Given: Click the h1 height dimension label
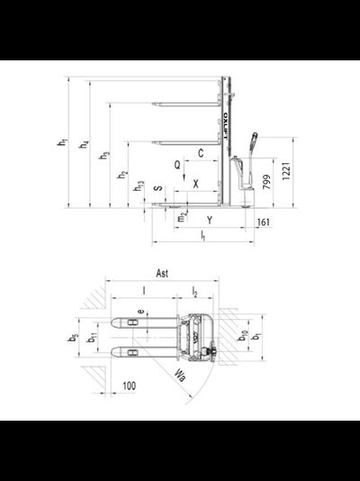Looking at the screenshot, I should (62, 143).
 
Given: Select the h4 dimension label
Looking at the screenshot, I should (85, 145).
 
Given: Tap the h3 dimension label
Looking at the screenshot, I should (105, 156).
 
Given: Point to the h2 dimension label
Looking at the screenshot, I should (123, 175).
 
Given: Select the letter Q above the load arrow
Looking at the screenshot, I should (178, 166).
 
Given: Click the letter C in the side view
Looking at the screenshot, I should (200, 155).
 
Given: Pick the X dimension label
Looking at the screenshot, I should (195, 183).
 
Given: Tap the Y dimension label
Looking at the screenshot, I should (209, 219).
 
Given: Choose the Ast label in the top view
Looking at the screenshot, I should (163, 272).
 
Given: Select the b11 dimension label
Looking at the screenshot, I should (94, 338).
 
